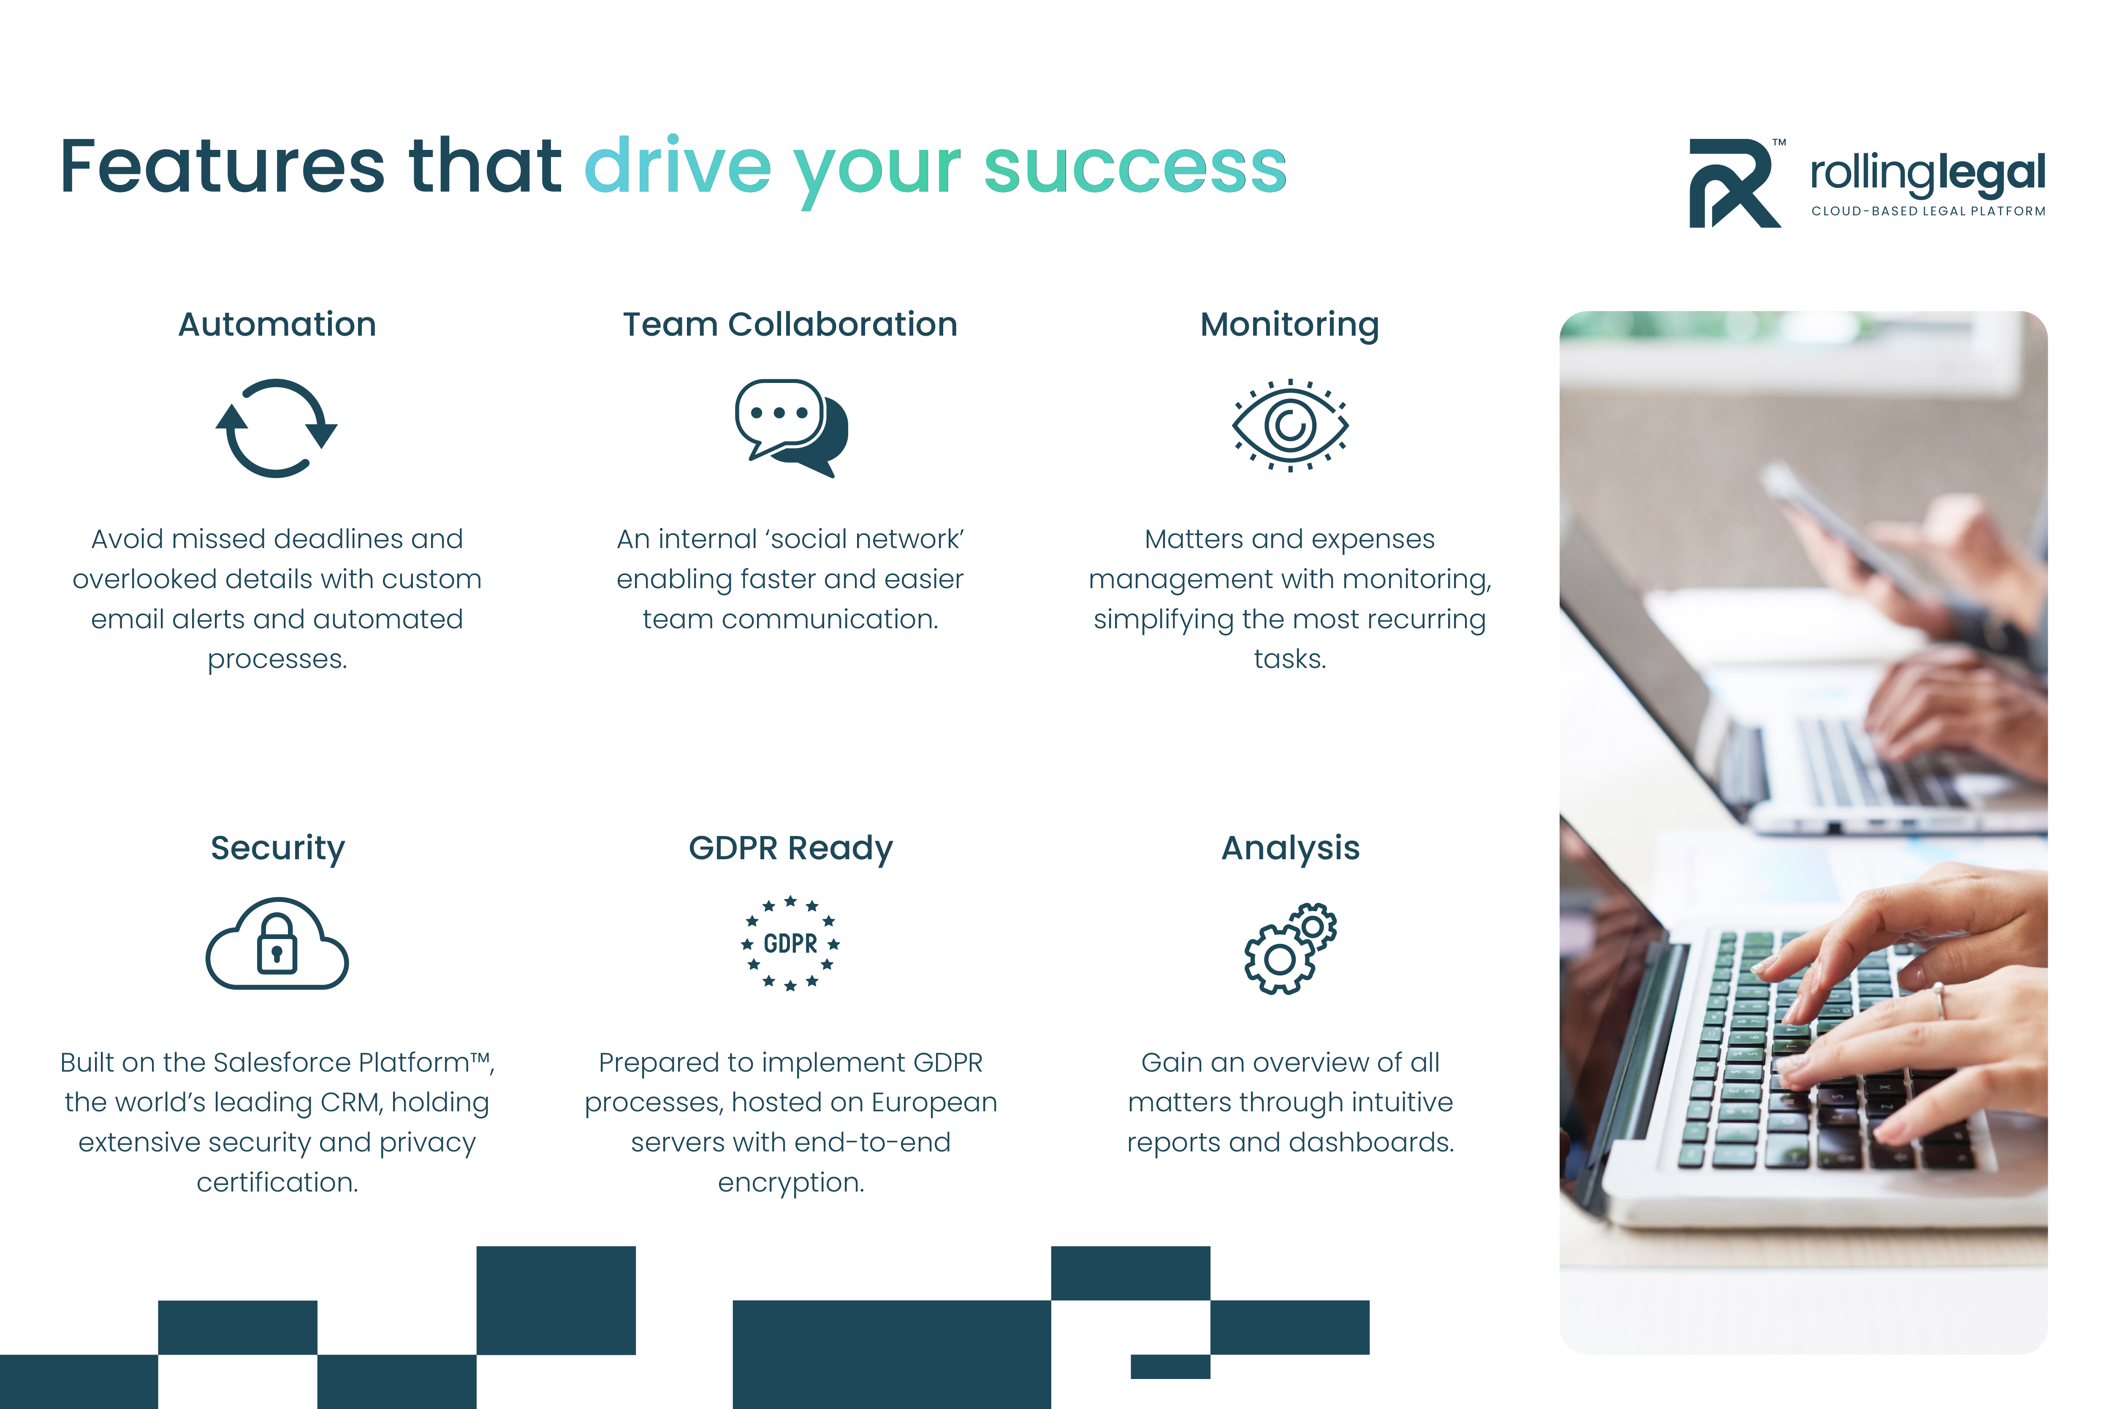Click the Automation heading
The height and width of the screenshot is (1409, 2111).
click(277, 324)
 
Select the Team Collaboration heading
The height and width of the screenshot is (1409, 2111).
click(790, 324)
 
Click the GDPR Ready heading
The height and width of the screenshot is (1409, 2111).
click(790, 848)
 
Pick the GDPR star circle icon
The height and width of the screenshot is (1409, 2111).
click(790, 944)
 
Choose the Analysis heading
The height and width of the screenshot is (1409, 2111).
click(1290, 848)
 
